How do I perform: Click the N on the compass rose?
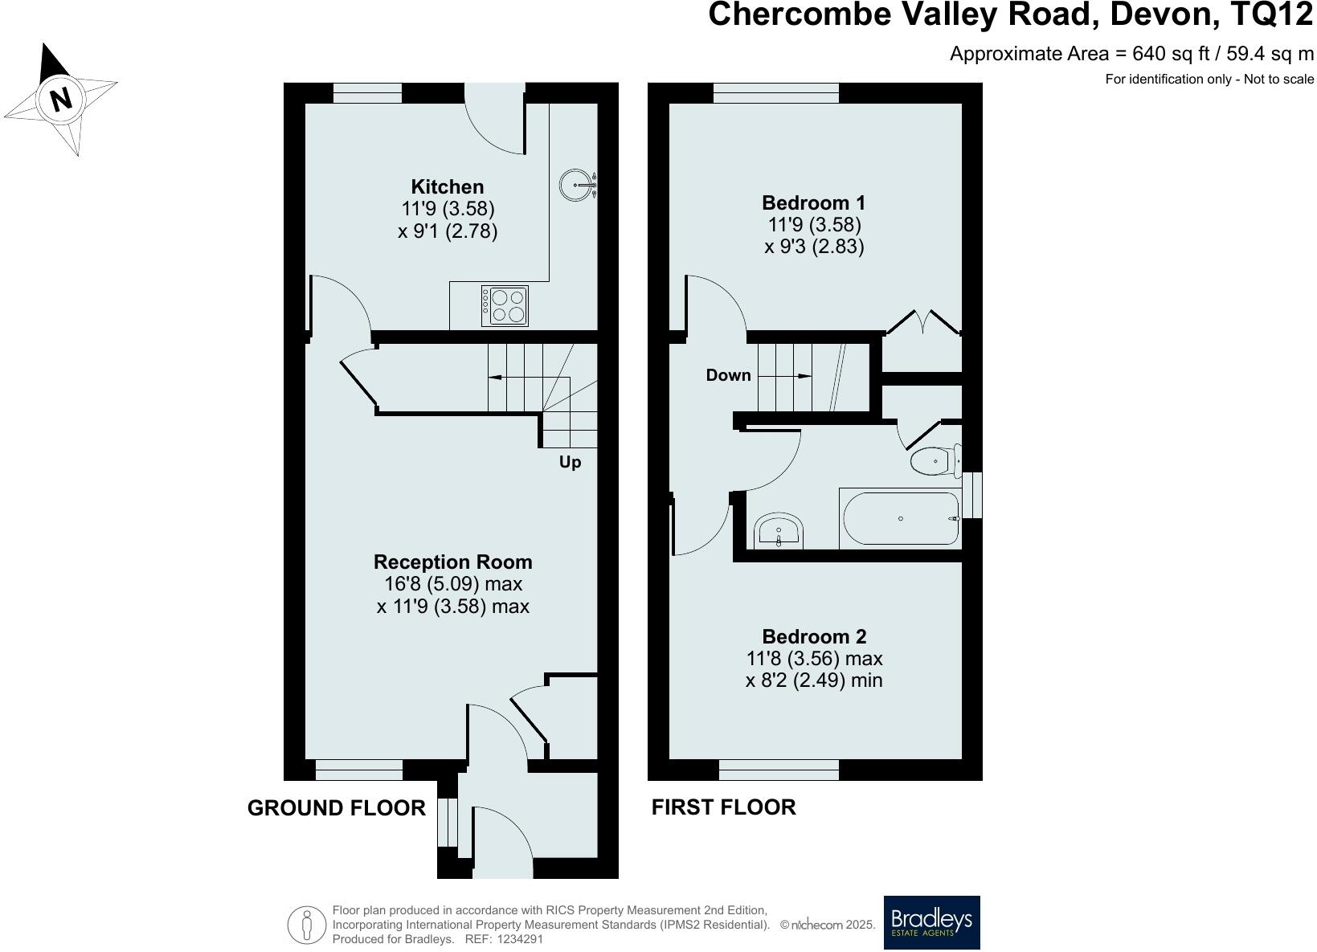click(60, 98)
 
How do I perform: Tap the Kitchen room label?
click(448, 187)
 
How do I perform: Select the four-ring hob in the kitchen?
click(505, 305)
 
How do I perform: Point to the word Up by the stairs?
click(570, 462)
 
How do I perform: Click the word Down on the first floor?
click(729, 375)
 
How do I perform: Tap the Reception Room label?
click(452, 562)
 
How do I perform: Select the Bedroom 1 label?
click(814, 202)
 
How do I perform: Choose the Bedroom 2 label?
click(814, 636)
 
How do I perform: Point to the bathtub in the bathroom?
click(901, 518)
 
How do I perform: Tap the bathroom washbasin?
click(779, 531)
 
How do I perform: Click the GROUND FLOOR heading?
click(337, 808)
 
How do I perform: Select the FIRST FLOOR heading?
click(724, 807)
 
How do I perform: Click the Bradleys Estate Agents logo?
click(932, 922)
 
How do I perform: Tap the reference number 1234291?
click(520, 939)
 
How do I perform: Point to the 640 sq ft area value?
click(1171, 54)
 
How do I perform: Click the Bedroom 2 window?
click(779, 770)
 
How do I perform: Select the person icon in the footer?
click(306, 925)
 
